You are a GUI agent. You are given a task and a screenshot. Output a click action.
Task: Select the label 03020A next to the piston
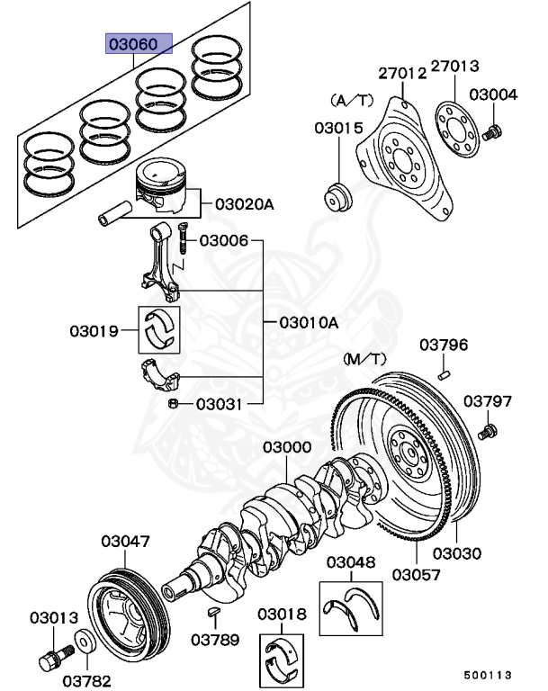point(244,204)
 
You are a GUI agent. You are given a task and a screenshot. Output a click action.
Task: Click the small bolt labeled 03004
point(492,134)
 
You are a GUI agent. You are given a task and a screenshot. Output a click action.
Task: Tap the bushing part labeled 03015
point(339,197)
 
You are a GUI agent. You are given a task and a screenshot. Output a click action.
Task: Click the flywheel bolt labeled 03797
point(490,433)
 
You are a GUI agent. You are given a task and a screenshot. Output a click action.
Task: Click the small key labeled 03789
point(214,612)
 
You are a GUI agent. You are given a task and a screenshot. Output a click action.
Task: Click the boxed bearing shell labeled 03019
point(160,329)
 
